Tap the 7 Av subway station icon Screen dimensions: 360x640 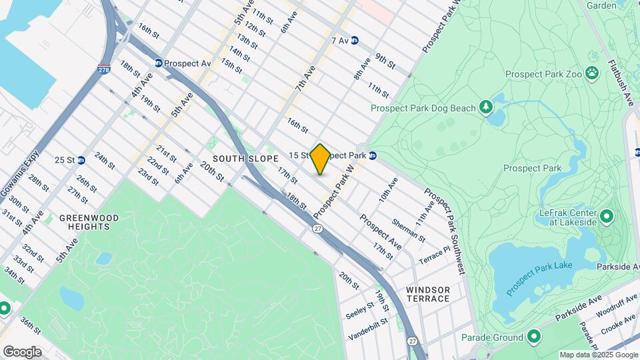click(x=355, y=41)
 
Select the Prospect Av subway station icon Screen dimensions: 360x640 click(x=159, y=63)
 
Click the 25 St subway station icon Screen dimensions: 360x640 click(x=81, y=160)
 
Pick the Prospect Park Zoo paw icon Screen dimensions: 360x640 click(x=592, y=73)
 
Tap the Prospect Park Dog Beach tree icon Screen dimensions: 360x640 click(x=487, y=107)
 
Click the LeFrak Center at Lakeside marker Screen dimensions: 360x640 click(x=607, y=216)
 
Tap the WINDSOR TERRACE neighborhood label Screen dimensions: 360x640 click(x=427, y=294)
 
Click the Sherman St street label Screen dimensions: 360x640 click(x=408, y=228)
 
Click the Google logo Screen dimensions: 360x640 click(x=22, y=351)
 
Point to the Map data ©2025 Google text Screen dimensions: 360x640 click(x=598, y=355)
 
